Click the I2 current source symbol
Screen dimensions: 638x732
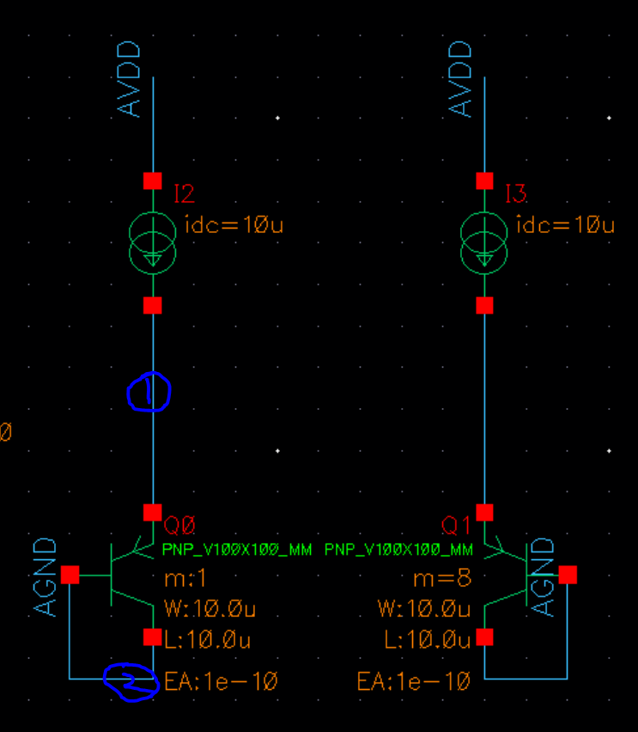[153, 243]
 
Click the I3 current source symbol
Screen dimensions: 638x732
[484, 243]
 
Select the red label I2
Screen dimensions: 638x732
[184, 193]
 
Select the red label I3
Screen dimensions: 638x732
[516, 193]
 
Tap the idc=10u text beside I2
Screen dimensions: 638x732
[234, 224]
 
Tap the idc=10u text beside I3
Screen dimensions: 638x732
[565, 224]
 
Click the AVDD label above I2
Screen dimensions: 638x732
[128, 79]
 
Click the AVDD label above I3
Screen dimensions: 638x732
[459, 79]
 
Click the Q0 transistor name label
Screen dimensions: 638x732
[179, 526]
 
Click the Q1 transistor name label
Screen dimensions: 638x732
[455, 526]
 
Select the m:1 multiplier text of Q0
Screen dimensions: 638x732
[185, 579]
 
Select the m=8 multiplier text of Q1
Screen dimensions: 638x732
[442, 579]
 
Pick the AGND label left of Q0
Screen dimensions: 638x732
[45, 577]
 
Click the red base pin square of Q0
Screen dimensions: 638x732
[70, 575]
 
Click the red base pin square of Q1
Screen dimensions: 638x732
[568, 575]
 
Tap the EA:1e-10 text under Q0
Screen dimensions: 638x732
[221, 681]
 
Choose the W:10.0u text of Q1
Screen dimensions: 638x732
[424, 609]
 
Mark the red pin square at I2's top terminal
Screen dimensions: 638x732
[153, 180]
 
